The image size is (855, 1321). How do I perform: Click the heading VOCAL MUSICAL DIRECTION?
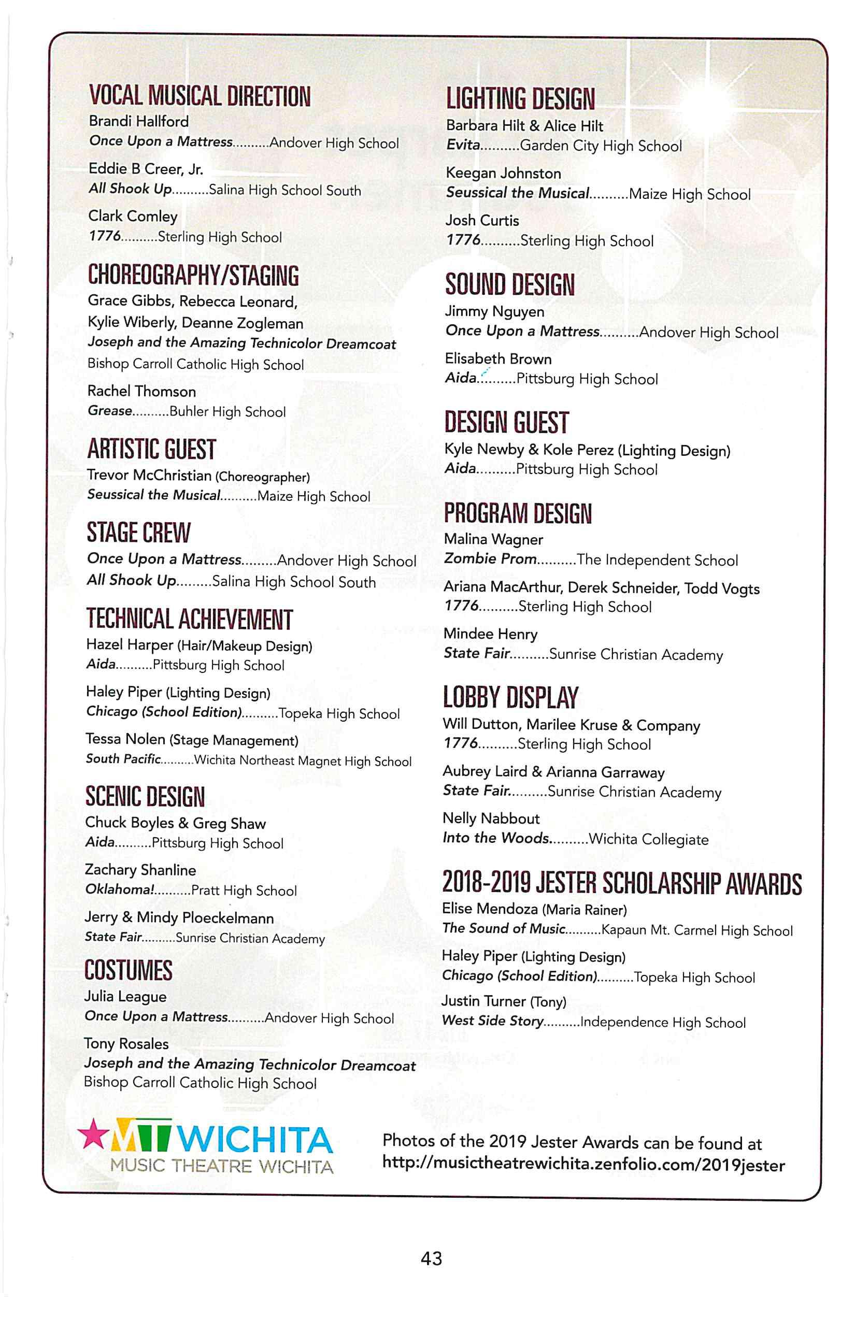[199, 96]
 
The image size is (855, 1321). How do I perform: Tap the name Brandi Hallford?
[139, 121]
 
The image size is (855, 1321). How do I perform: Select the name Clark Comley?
[133, 216]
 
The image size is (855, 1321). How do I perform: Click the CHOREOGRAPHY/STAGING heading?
[193, 275]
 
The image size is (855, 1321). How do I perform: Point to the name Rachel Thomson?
[141, 391]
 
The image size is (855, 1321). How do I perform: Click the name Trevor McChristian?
[149, 476]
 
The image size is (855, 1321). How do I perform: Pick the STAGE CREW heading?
[139, 533]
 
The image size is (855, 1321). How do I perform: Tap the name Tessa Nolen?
[125, 739]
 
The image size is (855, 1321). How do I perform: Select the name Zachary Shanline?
[140, 870]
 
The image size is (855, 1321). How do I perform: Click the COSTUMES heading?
[129, 970]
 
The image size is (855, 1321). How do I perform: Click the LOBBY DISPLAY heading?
[510, 698]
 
